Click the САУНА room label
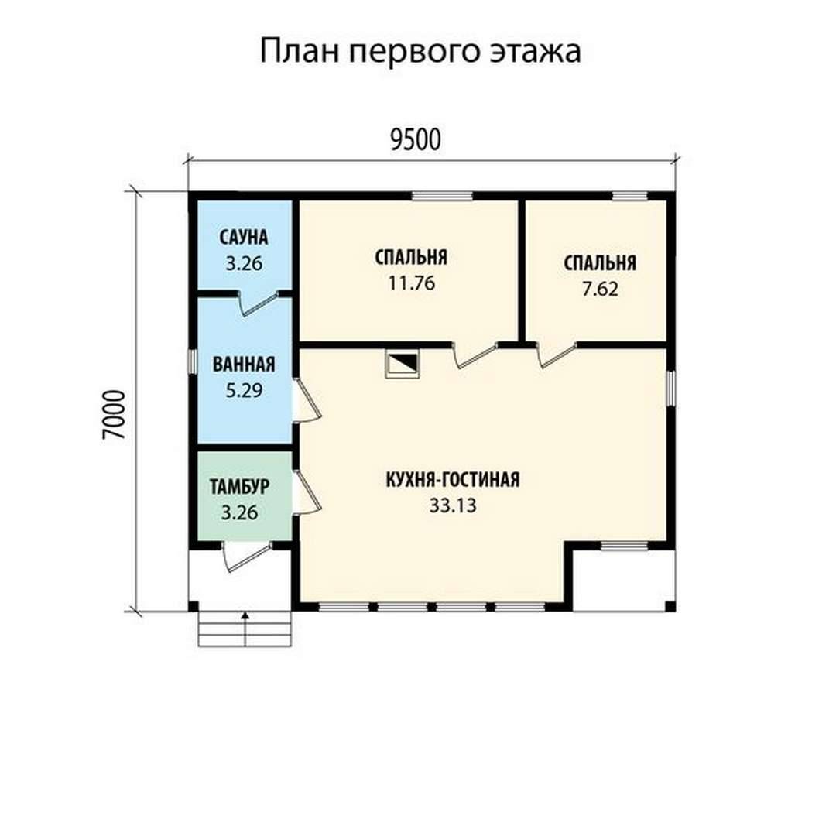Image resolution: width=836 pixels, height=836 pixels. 244,238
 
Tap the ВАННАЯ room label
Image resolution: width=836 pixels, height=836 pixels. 244,364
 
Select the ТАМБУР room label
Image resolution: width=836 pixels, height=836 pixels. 239,487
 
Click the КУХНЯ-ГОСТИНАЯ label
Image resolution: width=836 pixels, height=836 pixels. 453,479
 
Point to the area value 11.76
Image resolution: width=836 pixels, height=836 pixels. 411,283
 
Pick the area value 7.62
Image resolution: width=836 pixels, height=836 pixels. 600,289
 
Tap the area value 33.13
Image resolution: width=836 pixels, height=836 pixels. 453,505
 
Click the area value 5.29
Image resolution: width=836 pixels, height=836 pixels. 244,390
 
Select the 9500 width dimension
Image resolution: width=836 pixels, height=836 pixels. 416,140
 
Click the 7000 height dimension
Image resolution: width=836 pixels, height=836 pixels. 114,416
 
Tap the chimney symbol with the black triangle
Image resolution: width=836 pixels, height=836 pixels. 402,364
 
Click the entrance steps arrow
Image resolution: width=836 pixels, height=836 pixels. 245,629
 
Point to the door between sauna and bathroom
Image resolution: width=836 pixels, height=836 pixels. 258,303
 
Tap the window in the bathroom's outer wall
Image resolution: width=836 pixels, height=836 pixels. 193,361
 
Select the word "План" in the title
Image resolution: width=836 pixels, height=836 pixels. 300,51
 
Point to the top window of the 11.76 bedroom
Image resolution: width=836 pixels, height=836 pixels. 442,196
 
